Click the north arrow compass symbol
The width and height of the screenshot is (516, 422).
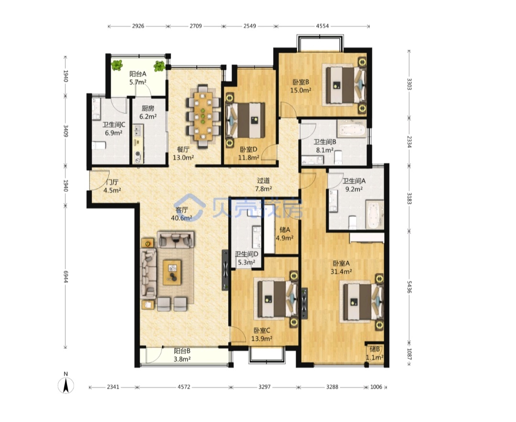click(66, 384)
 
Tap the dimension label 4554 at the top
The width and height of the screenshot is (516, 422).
click(322, 26)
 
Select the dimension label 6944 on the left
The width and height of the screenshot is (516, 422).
click(65, 277)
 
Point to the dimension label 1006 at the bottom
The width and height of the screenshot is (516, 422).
click(376, 387)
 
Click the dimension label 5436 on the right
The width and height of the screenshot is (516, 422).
click(409, 286)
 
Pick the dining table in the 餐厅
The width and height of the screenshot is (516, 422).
click(203, 116)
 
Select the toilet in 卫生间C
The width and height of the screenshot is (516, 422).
click(98, 145)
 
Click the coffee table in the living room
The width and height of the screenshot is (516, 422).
click(172, 272)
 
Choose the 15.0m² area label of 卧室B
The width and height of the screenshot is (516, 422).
click(301, 90)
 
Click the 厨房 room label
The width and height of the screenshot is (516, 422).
click(148, 108)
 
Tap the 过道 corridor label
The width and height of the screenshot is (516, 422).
click(263, 180)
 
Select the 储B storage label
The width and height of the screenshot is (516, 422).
click(375, 349)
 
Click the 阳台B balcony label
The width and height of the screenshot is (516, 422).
click(182, 351)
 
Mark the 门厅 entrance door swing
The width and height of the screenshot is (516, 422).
click(100, 180)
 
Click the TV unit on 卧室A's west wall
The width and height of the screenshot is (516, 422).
click(304, 303)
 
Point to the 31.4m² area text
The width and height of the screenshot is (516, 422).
click(341, 271)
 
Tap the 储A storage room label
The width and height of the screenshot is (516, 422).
click(285, 230)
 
